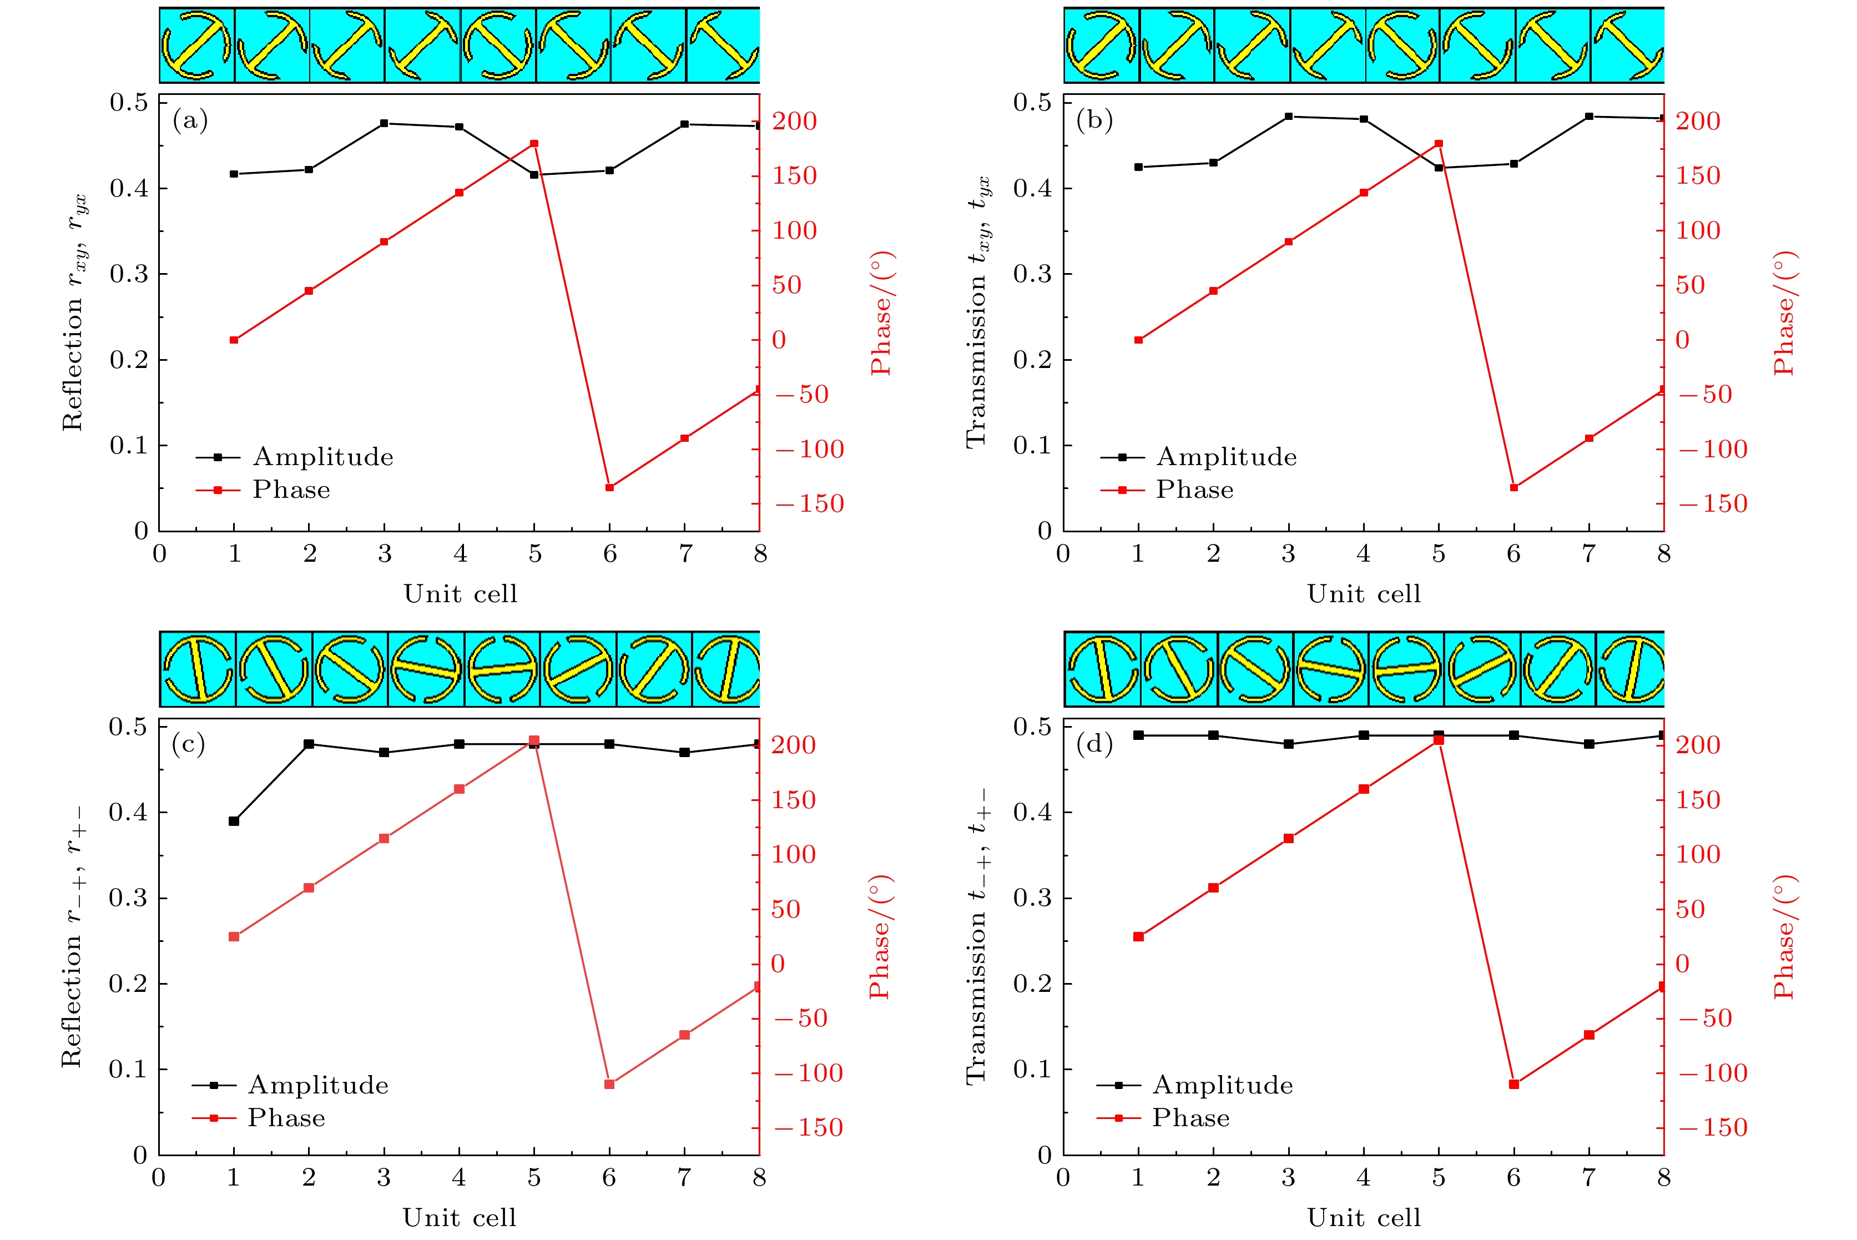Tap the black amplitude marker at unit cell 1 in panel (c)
click(234, 821)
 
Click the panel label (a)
click(190, 120)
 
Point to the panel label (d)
click(1094, 744)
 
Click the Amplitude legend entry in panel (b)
click(1225, 457)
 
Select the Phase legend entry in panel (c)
click(285, 1118)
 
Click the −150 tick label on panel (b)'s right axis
click(1712, 504)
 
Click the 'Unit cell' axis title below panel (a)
click(460, 594)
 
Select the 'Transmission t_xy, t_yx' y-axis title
click(977, 311)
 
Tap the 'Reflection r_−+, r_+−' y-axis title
click(73, 937)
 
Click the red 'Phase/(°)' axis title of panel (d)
click(1785, 937)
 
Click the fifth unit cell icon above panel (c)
click(502, 669)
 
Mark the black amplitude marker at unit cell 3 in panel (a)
click(384, 123)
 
